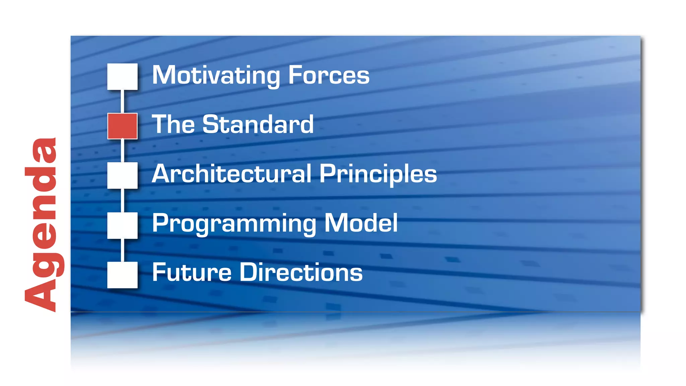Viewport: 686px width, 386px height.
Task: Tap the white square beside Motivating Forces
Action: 122,76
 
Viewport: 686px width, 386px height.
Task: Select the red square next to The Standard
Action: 122,126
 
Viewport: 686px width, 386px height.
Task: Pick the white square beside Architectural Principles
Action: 122,175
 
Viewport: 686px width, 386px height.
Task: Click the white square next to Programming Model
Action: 122,225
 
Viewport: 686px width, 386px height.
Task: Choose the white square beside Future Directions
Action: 122,275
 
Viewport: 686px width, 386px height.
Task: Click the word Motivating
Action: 216,75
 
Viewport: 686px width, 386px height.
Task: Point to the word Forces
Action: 329,75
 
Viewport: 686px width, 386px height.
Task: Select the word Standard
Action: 258,124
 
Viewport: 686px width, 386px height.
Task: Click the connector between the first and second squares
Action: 122,101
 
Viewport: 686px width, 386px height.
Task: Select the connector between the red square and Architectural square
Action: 122,151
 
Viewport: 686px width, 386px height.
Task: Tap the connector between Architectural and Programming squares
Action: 122,200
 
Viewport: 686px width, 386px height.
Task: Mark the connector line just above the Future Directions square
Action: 122,250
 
